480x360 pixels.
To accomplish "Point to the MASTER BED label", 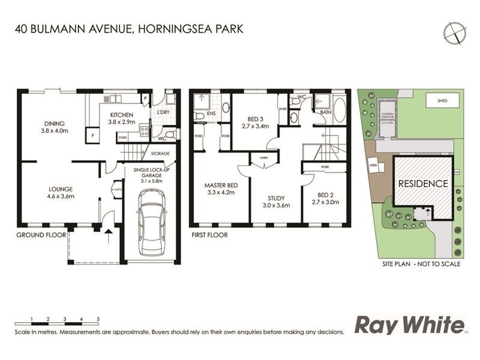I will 220,185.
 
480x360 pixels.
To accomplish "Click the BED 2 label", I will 325,195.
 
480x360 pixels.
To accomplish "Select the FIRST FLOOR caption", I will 209,235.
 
